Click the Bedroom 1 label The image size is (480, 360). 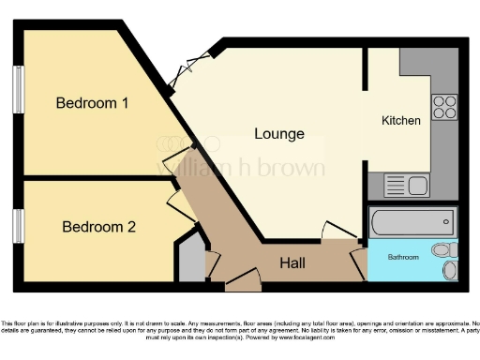[x=92, y=103]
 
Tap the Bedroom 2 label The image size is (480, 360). [x=99, y=226]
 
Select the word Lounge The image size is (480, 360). [x=279, y=133]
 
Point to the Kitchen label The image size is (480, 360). [x=401, y=121]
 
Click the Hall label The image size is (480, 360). [x=292, y=263]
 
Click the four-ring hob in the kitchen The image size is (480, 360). [x=443, y=107]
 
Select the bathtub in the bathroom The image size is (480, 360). [x=412, y=223]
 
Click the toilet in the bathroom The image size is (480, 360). [x=446, y=251]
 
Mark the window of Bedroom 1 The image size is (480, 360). [x=18, y=93]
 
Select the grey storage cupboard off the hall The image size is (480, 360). [x=191, y=259]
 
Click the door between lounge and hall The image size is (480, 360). [x=337, y=231]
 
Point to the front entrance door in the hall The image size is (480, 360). [x=239, y=276]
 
